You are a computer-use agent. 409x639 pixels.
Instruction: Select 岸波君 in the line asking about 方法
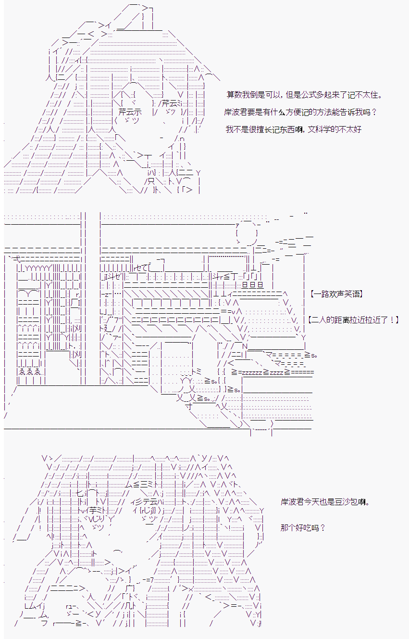[x=236, y=112]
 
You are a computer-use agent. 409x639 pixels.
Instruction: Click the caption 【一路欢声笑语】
[x=336, y=293]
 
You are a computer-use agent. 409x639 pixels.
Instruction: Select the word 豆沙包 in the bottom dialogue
[x=345, y=502]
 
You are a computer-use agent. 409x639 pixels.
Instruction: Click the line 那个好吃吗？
[x=303, y=528]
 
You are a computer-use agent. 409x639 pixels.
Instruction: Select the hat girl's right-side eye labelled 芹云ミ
[x=172, y=103]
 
